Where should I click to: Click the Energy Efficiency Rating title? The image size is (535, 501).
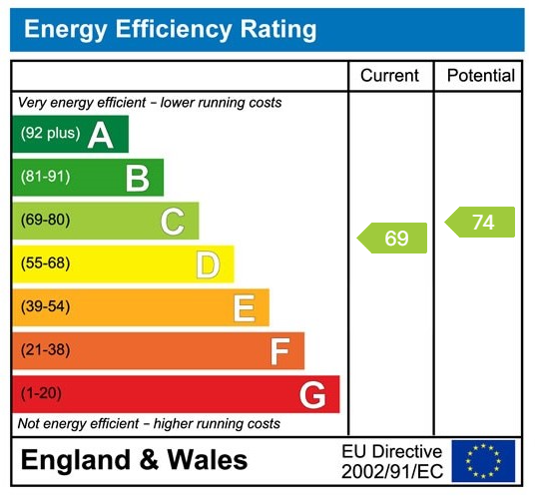pos(170,30)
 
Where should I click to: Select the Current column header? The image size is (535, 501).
pos(389,76)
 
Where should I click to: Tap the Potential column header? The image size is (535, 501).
pos(480,76)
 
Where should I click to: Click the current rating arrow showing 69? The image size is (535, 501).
pos(392,238)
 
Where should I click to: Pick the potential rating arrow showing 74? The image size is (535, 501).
pos(480,222)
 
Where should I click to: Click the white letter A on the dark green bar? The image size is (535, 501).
pos(100,135)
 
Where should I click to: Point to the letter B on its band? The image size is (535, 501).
pos(137,178)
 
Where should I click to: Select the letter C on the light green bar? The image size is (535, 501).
pos(172,222)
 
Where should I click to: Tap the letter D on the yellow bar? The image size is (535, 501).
pos(207,264)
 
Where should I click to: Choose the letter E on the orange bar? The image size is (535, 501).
pos(243,308)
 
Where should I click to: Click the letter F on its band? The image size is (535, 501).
pos(279,351)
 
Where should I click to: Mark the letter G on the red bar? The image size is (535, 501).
pos(312,395)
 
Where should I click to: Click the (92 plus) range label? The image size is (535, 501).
pos(50,134)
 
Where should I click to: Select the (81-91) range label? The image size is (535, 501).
pos(45,177)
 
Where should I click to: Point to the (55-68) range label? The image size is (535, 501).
pos(46,263)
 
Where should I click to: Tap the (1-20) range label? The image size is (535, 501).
pos(41,393)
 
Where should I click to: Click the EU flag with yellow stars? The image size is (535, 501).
pos(483,460)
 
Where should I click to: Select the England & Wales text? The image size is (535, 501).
pos(134,460)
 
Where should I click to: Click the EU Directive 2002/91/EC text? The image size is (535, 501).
pos(391,460)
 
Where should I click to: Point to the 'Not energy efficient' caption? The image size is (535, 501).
pos(149,424)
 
